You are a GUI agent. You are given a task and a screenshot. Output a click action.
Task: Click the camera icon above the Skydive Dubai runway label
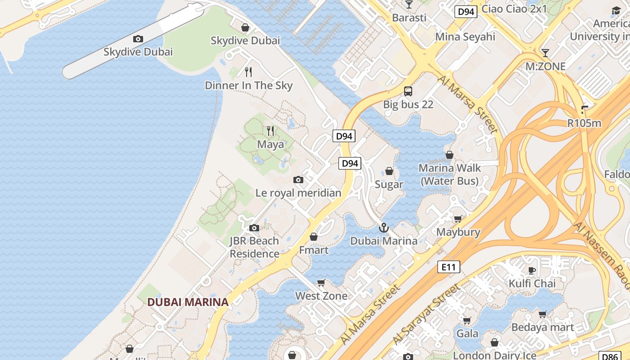[138, 39]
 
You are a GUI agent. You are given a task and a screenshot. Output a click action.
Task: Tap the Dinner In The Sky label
[248, 85]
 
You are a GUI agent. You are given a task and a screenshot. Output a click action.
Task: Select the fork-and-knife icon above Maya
[270, 131]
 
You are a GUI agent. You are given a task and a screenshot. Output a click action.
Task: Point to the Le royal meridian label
[298, 193]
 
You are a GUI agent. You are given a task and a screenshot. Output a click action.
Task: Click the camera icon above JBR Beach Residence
[254, 228]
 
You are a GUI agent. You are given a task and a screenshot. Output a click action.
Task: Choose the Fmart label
[314, 250]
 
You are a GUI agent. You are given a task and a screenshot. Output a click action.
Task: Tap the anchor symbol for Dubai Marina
[383, 228]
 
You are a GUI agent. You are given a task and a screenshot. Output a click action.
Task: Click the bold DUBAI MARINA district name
[188, 302]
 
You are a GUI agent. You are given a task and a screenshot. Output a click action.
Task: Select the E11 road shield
[449, 267]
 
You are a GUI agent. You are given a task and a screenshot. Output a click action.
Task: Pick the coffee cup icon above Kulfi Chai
[531, 270]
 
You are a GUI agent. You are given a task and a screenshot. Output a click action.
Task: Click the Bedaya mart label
[543, 327]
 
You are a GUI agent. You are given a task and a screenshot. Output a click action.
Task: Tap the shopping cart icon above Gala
[467, 320]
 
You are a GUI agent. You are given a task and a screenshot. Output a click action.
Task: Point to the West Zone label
[321, 296]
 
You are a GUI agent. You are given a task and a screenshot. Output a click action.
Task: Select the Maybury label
[459, 232]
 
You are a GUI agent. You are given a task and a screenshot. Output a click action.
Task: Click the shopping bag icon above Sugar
[389, 171]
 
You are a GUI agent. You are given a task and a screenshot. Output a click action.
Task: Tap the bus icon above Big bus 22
[408, 91]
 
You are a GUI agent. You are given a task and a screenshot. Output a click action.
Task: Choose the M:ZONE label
[545, 67]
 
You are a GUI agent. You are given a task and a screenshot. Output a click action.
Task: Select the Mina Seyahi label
[465, 36]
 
